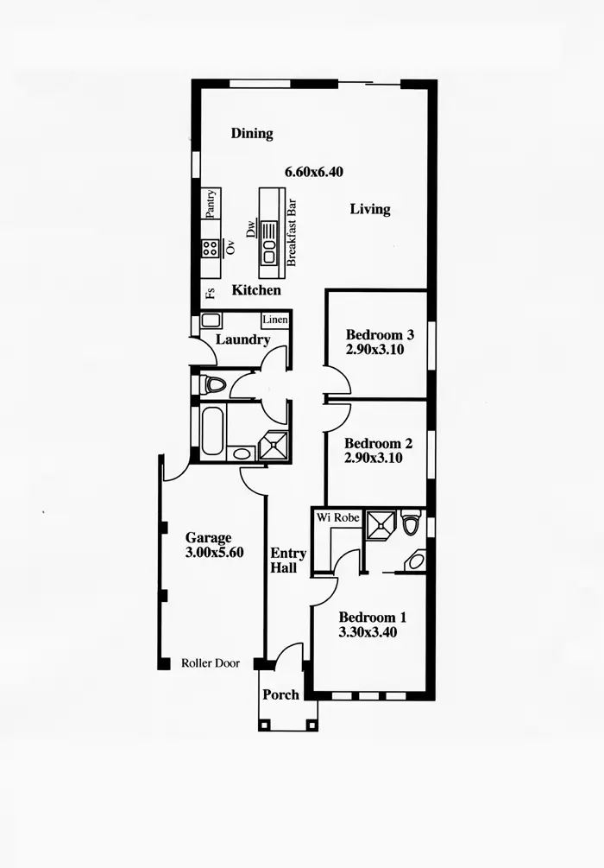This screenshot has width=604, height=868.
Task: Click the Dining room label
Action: tap(252, 134)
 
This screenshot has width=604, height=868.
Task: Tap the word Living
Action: tap(370, 209)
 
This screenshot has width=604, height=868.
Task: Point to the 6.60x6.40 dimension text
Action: tap(314, 172)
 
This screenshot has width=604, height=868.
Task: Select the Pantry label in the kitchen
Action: tap(210, 205)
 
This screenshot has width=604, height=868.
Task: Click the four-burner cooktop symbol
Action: tap(210, 249)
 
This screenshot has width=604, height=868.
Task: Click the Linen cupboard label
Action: tap(275, 320)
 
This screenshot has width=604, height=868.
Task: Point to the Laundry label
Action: tap(242, 339)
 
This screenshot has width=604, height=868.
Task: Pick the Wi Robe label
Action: tap(336, 516)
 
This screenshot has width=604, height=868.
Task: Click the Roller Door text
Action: tap(211, 663)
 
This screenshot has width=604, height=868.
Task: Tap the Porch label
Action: tap(280, 694)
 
